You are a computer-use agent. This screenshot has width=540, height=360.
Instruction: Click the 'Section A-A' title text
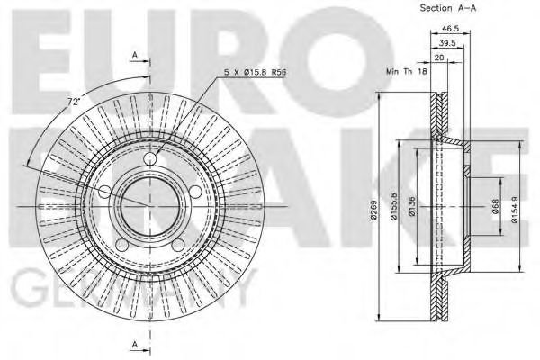pos(447,9)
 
